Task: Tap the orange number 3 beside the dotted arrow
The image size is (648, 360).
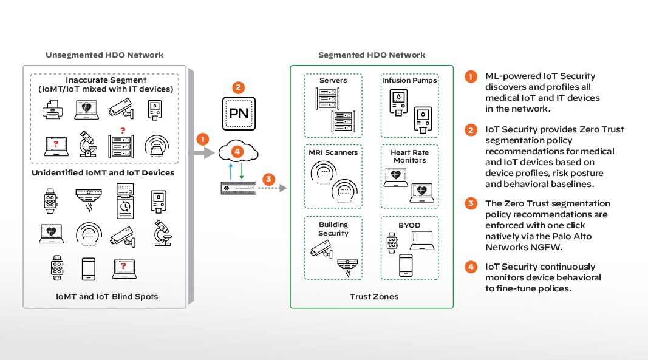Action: click(x=268, y=180)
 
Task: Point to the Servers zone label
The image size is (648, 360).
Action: click(x=333, y=81)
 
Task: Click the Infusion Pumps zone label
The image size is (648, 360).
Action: click(x=409, y=81)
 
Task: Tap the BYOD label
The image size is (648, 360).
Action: click(x=409, y=225)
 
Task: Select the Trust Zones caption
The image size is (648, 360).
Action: click(x=371, y=297)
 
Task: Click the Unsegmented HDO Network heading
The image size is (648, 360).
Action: click(x=104, y=55)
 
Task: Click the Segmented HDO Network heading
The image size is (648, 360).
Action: click(x=371, y=55)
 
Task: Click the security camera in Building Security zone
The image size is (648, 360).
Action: click(x=322, y=250)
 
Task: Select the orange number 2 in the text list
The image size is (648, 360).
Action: click(x=470, y=130)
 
